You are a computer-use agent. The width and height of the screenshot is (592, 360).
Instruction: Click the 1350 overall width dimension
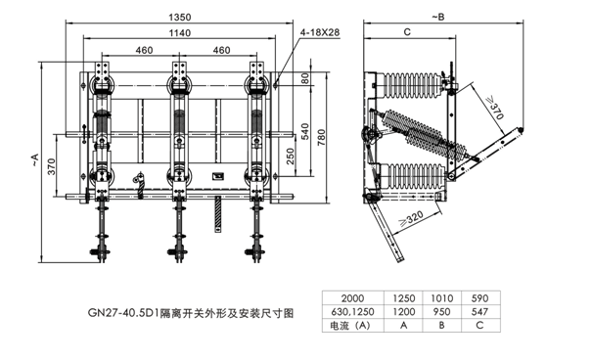pos(179,18)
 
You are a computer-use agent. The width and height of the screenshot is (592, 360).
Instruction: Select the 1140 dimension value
pos(179,33)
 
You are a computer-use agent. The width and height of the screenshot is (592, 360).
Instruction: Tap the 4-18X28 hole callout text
pos(320,32)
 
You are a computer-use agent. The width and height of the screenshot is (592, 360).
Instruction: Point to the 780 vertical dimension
pos(321,138)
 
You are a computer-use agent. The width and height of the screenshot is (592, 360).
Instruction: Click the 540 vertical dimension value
pos(305,131)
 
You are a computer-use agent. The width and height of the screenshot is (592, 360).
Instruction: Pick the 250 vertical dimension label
pos(290,156)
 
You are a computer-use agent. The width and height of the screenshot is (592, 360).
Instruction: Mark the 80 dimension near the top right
pos(305,78)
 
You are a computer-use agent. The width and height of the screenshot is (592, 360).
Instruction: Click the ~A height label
pos(34,159)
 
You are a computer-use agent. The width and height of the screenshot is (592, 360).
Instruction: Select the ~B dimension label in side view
pos(438,17)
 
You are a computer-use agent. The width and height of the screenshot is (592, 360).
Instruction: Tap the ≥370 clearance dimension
pos(494,108)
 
